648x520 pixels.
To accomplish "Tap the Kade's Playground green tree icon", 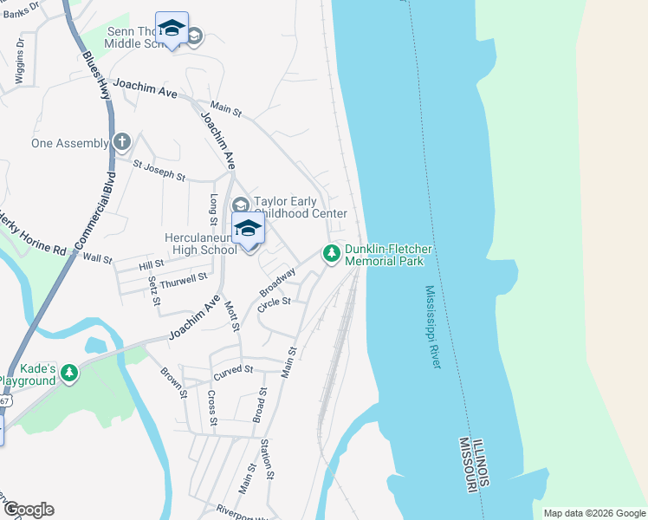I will tap(68, 374).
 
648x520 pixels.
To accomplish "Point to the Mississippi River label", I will tap(433, 328).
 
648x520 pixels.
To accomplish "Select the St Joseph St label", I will tap(159, 169).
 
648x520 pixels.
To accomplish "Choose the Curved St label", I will tap(232, 374).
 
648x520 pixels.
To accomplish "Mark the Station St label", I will tap(268, 459).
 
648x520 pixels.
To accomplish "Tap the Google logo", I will tap(28, 510).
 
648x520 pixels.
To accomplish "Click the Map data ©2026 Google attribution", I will tap(593, 513).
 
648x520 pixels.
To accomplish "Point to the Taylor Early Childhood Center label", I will tap(300, 207).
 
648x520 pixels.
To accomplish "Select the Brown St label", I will tap(173, 382).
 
